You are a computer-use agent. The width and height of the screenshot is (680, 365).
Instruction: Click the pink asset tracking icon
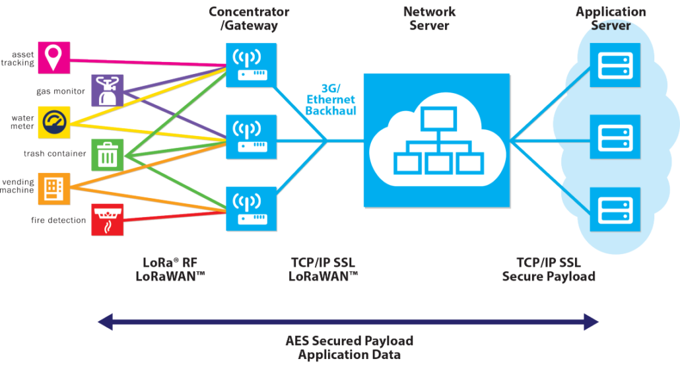[53, 57]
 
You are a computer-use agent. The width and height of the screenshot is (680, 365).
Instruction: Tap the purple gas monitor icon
[107, 90]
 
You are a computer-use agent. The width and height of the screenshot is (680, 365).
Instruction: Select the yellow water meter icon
[53, 123]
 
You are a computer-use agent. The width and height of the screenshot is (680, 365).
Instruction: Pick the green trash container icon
[107, 154]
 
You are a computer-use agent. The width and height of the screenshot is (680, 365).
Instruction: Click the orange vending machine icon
[53, 189]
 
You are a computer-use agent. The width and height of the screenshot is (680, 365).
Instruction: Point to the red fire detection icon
[107, 220]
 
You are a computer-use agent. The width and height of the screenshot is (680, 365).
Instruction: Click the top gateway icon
[251, 65]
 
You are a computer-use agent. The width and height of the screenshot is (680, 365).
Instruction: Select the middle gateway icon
[251, 137]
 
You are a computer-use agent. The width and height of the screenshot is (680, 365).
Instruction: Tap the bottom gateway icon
[251, 209]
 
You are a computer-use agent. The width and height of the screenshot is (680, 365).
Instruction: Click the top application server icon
[615, 65]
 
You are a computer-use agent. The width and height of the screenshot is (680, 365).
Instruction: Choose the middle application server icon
[615, 137]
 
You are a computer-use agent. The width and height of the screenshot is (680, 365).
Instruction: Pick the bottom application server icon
[615, 209]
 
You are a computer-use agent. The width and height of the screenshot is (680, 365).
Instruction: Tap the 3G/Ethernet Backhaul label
[331, 100]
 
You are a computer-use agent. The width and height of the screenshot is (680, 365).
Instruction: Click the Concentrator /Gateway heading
[249, 18]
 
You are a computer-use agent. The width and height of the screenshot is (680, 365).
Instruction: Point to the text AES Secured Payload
[349, 341]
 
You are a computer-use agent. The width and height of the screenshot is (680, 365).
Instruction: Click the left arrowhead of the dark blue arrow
[106, 321]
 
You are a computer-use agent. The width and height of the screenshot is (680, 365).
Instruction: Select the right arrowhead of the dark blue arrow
[592, 321]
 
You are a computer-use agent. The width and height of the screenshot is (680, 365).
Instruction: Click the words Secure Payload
[549, 277]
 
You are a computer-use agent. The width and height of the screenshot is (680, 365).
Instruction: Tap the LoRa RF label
[170, 263]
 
